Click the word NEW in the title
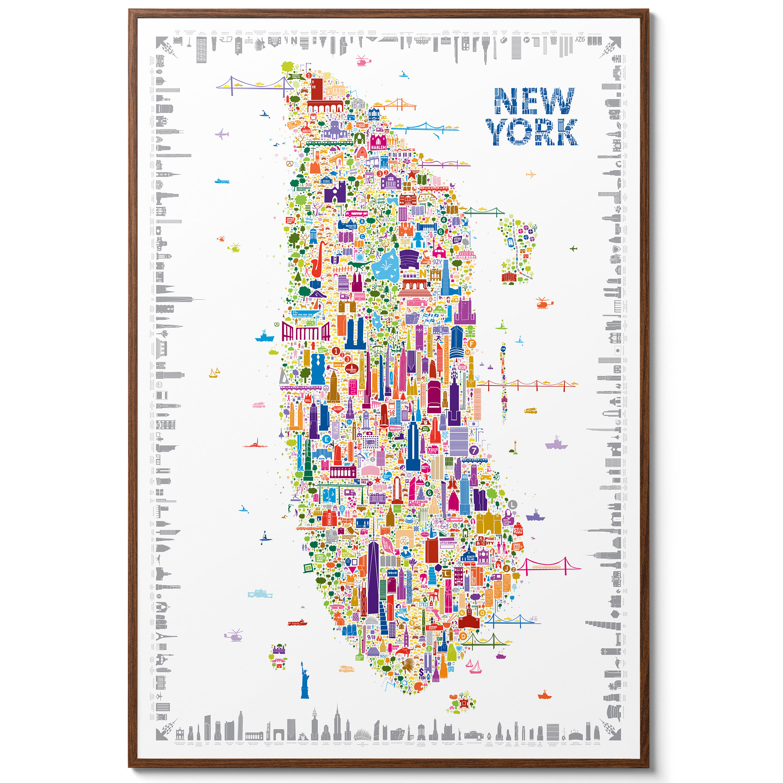pyautogui.click(x=534, y=101)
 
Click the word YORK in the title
pyautogui.click(x=532, y=132)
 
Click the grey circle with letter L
pyautogui.click(x=513, y=505)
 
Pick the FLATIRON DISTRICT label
pyautogui.click(x=418, y=503)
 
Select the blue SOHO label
pyautogui.click(x=392, y=573)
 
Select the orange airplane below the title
pyautogui.click(x=531, y=175)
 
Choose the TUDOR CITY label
pyautogui.click(x=433, y=450)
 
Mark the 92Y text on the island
pyautogui.click(x=437, y=262)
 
